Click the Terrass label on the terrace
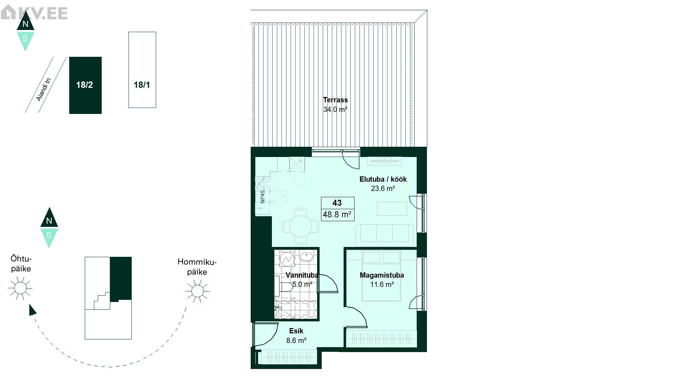[x=335, y=100]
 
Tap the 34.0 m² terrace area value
[x=335, y=109]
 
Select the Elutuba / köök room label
[x=383, y=179]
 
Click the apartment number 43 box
[x=337, y=203]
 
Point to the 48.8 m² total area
[x=337, y=214]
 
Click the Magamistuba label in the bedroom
[x=382, y=275]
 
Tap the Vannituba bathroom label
[x=302, y=275]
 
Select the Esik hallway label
[x=296, y=331]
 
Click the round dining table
[x=301, y=226]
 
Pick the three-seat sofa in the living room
[x=385, y=235]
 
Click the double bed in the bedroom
[x=381, y=276]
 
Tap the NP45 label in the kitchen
[x=263, y=197]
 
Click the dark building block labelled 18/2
[x=85, y=85]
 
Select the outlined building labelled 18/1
[x=142, y=70]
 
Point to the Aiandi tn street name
[x=44, y=90]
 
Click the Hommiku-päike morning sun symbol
[x=197, y=291]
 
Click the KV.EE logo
[x=34, y=13]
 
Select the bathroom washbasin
[x=306, y=256]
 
